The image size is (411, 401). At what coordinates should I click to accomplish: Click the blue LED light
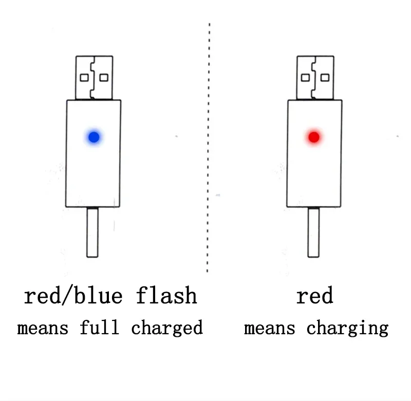pos(94,137)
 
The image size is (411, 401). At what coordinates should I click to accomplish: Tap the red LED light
pos(314,137)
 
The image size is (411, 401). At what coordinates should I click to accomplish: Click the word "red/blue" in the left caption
pos(73,296)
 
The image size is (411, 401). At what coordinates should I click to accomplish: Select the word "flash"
pos(166,296)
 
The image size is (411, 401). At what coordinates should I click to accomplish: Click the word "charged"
pos(167,328)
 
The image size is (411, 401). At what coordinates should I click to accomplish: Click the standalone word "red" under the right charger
pos(314,296)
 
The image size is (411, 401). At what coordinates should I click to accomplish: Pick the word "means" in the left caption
pos(43,328)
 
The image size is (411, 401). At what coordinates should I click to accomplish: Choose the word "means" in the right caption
pos(269,328)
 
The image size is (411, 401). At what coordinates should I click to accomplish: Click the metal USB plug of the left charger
pos(94,77)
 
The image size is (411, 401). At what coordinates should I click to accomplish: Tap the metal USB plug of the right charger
pos(314,77)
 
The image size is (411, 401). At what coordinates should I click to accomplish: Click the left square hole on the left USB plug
pos(84,78)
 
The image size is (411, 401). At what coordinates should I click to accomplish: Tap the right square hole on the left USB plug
pos(104,78)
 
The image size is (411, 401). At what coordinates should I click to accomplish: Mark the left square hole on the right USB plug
pos(305,78)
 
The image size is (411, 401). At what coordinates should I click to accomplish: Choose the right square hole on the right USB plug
pos(325,78)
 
